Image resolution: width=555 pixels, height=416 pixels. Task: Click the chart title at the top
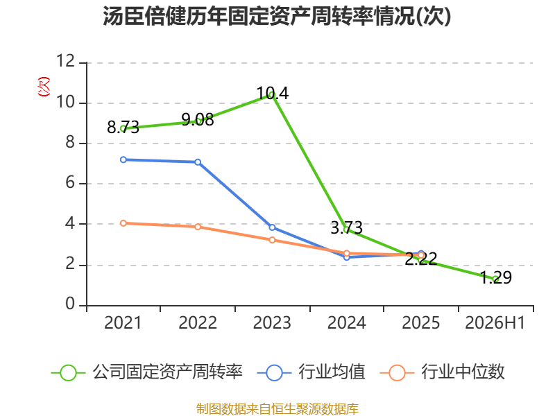277,16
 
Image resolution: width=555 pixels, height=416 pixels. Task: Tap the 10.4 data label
272,94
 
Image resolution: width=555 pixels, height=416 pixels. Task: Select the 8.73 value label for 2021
123,128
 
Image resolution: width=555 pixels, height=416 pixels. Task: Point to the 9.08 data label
198,120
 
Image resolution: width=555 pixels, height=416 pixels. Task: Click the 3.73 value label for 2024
346,228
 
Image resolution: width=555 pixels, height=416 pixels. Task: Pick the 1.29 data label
495,277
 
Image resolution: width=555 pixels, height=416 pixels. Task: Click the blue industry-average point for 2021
123,160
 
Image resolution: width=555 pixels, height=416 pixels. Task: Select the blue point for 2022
198,162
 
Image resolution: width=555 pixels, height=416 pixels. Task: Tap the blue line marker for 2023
272,227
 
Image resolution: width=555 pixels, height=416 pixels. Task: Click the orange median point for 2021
123,223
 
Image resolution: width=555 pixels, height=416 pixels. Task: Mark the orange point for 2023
272,240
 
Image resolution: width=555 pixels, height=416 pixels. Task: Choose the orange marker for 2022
198,227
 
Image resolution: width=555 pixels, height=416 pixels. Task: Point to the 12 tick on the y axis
66,61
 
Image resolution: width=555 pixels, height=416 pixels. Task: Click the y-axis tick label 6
70,183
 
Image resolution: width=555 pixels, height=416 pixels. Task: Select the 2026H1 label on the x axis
495,323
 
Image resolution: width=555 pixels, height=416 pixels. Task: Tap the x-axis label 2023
272,323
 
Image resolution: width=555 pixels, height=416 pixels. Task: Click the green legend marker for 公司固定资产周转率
68,373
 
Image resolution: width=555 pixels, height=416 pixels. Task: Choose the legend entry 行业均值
311,372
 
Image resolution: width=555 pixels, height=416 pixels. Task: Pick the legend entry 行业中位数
442,372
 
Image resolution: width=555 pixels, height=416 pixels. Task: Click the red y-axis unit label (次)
44,87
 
